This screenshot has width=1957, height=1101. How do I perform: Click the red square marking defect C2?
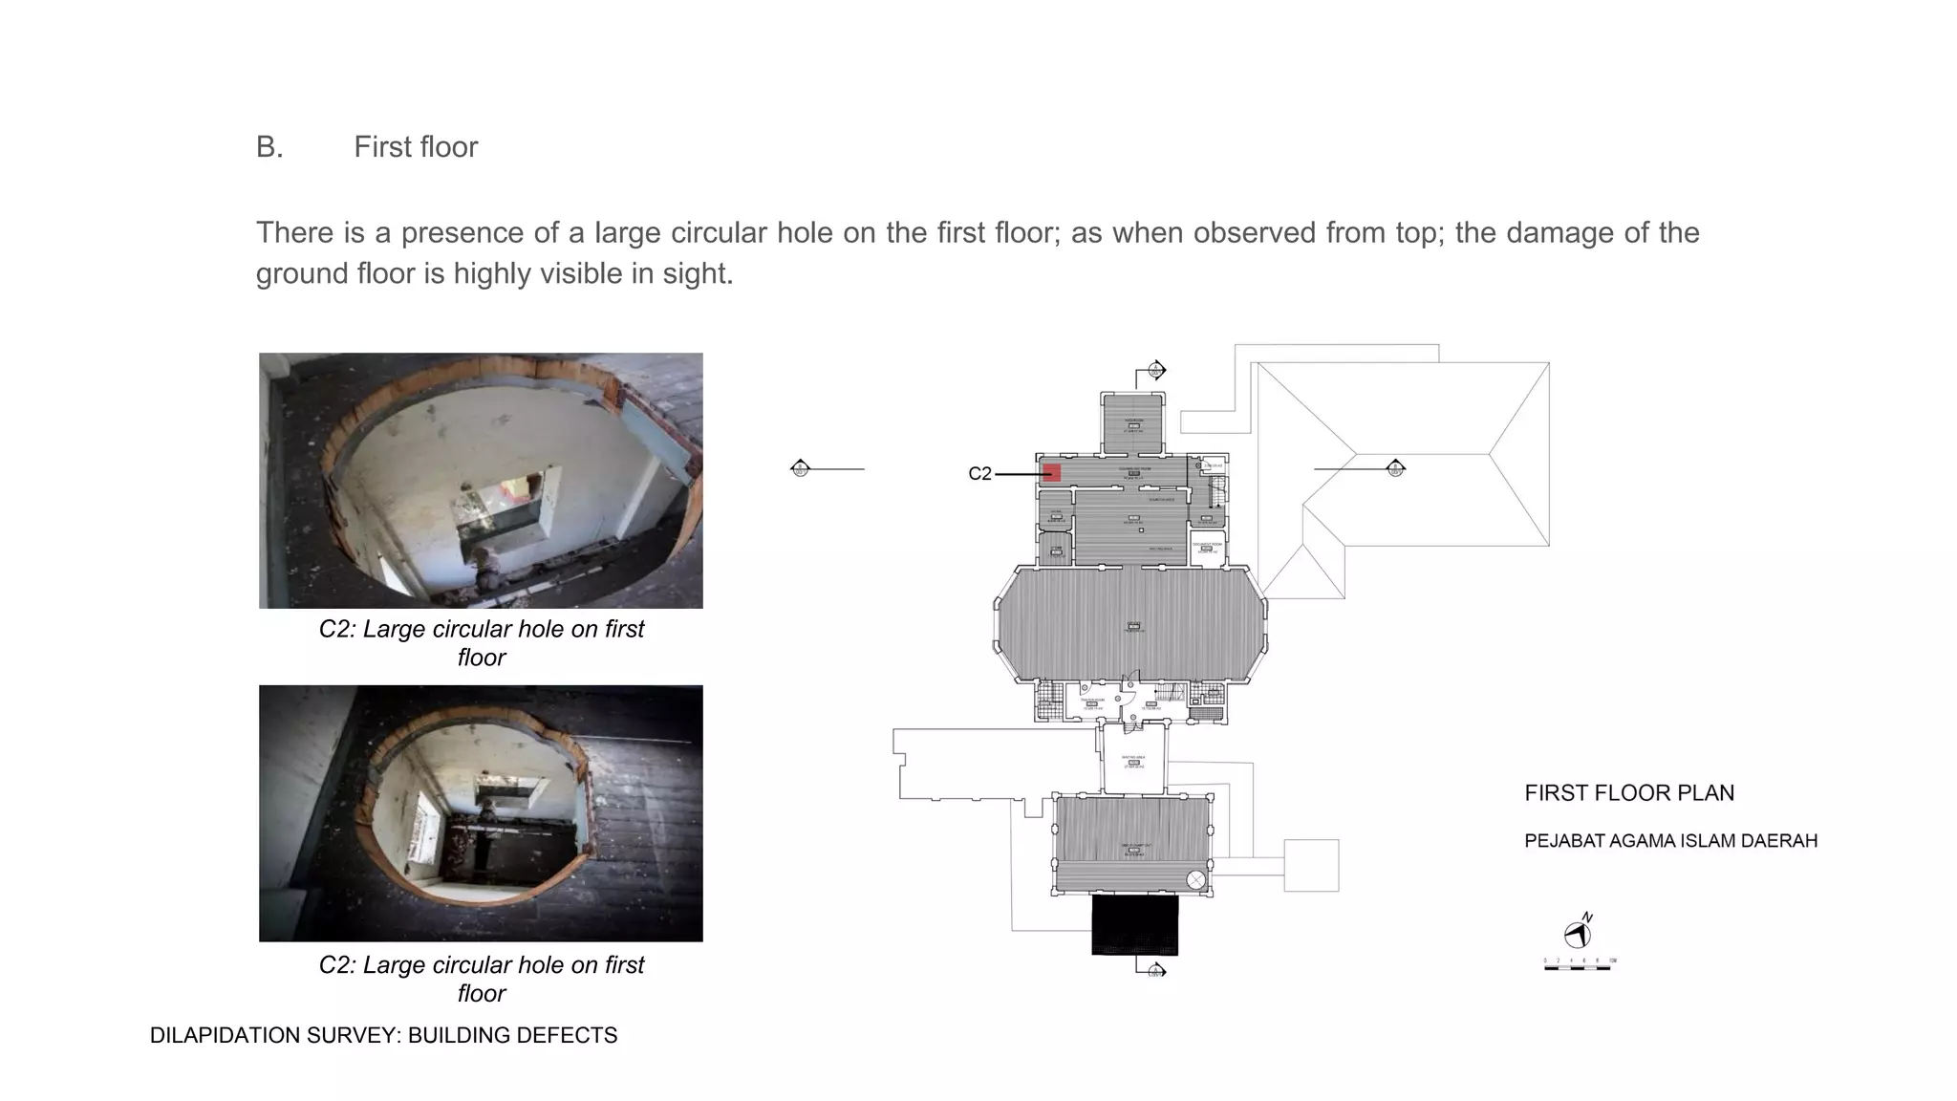(1051, 472)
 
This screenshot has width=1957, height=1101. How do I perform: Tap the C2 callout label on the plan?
(979, 474)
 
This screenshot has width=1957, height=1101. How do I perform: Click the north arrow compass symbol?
(1578, 934)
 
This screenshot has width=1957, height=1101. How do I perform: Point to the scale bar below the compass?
(1579, 967)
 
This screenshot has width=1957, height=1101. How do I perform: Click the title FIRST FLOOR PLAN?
(1628, 793)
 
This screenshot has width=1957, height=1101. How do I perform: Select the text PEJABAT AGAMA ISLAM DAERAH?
(1670, 841)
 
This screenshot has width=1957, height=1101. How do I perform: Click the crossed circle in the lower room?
(1195, 879)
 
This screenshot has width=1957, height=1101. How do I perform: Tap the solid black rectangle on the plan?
(1134, 924)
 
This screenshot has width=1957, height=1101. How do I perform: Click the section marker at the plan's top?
(1156, 370)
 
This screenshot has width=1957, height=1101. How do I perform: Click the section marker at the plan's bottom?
(1156, 971)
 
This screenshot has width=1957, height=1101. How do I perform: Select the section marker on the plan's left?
(801, 468)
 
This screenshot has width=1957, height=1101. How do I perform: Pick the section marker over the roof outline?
(1395, 468)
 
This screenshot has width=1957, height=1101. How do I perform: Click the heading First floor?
(415, 147)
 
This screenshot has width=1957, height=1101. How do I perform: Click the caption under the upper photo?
(481, 643)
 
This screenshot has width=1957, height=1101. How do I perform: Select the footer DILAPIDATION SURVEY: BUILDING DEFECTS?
(383, 1036)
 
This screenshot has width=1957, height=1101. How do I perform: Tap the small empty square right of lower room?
(1310, 866)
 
